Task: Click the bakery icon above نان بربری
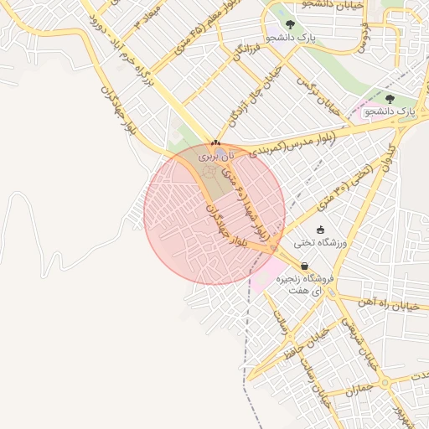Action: [x=216, y=143]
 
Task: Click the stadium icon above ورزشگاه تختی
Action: [x=319, y=229]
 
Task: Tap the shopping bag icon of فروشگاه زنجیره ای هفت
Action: [x=303, y=266]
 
